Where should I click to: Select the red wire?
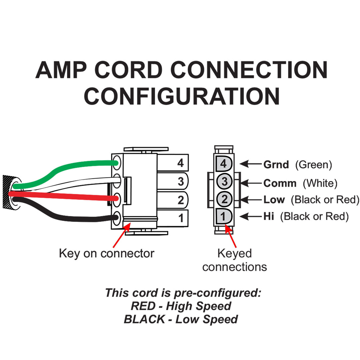pos(67,196)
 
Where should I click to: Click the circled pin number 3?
pos(225,182)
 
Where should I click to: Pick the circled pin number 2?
pos(225,199)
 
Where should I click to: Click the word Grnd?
pos(276,164)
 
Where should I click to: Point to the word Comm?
pos(280,183)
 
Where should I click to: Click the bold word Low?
pos(274,200)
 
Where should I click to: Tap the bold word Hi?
pos(269,217)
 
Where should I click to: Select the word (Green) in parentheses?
pos(314,164)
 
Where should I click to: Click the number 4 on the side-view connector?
pos(181,163)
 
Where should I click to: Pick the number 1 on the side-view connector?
pos(181,218)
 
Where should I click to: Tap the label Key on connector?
pos(107,253)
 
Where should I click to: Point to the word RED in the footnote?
pos(143,306)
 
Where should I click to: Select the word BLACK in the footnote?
pos(144,319)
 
